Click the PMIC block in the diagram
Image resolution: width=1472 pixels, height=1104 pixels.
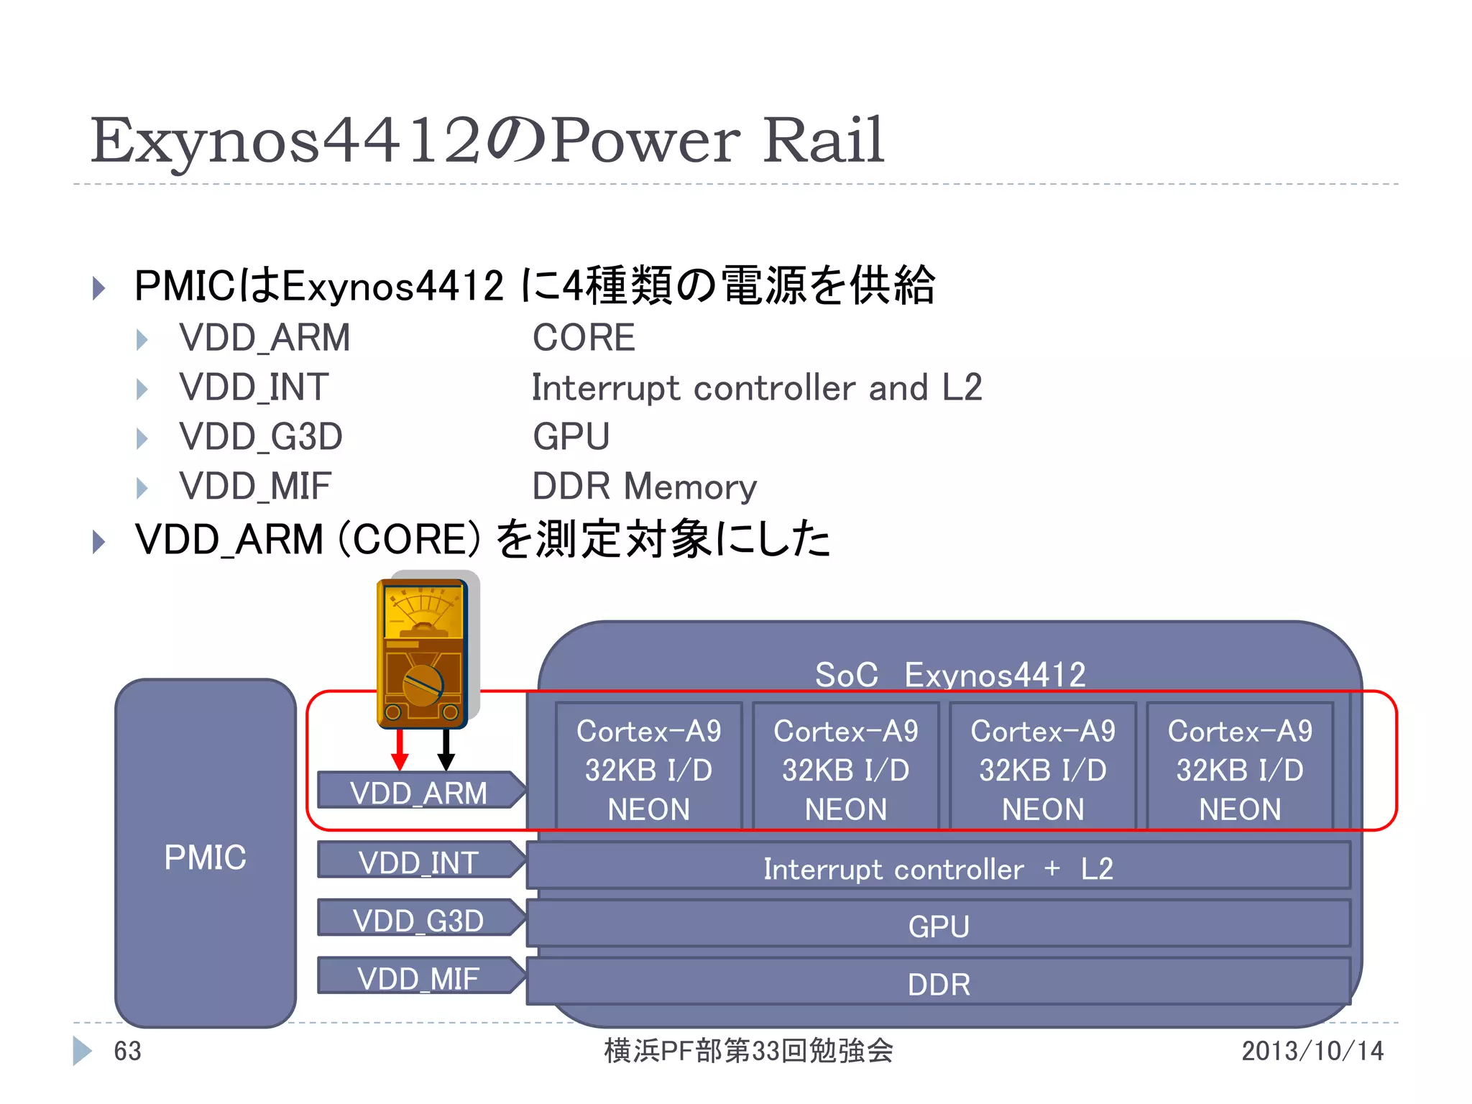(206, 855)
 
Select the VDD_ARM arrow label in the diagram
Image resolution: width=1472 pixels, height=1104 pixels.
(420, 791)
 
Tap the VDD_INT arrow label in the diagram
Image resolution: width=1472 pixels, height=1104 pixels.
(420, 861)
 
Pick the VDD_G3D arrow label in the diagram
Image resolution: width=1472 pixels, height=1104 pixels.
(420, 919)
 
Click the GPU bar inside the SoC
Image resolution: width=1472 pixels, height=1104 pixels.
(938, 925)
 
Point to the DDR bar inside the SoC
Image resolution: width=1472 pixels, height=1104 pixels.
(938, 983)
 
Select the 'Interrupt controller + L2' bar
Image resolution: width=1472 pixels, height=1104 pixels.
(938, 868)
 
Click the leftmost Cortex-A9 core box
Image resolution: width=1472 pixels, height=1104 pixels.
(648, 768)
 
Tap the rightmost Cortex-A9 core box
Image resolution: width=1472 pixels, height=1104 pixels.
(1240, 768)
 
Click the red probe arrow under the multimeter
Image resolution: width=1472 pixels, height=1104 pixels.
(400, 750)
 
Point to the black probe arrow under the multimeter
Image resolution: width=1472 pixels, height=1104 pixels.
(446, 750)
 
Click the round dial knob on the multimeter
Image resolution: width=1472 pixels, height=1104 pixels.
(423, 686)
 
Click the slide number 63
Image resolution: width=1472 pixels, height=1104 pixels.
(128, 1051)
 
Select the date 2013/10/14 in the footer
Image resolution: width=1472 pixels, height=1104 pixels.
(1312, 1051)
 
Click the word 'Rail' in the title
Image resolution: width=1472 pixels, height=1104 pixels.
(823, 140)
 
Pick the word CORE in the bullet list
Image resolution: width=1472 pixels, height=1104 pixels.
(584, 338)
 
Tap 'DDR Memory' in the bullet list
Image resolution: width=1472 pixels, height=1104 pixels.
(644, 487)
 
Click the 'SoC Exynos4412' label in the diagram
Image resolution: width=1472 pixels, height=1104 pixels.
(950, 674)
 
